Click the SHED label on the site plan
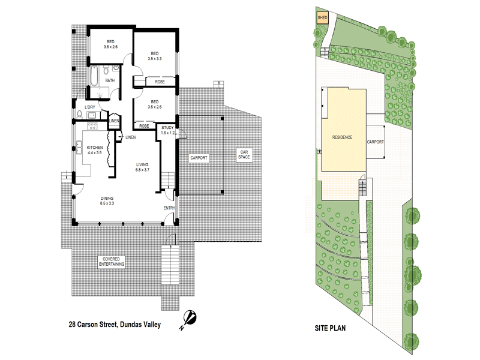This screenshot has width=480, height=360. point(322,18)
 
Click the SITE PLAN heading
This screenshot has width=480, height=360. point(330,329)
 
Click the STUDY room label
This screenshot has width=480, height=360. point(167,130)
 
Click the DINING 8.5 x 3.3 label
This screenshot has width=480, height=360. point(107,201)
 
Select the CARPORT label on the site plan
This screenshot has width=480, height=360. point(375,143)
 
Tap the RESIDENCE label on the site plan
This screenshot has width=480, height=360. point(342,138)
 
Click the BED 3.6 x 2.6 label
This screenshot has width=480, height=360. point(110,44)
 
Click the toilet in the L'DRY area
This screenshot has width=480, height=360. point(80,114)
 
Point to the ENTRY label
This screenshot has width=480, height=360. point(170,208)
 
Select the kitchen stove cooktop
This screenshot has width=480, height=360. point(92,126)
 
